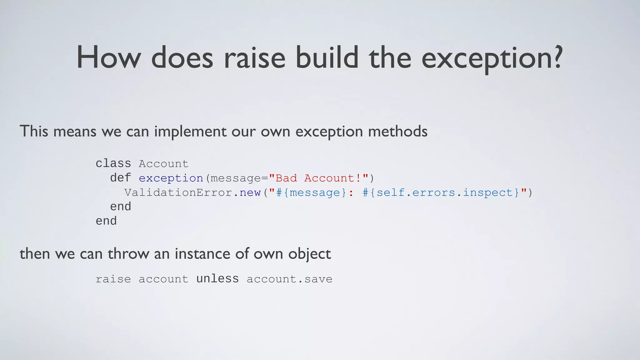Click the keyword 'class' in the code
click(x=113, y=163)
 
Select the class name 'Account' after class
click(x=163, y=164)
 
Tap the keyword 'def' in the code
click(x=120, y=178)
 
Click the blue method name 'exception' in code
click(x=171, y=178)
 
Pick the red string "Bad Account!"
click(x=318, y=178)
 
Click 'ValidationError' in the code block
click(x=178, y=192)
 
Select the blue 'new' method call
click(x=250, y=192)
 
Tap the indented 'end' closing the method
click(x=120, y=207)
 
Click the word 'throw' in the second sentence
click(x=128, y=253)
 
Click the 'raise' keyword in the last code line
click(x=113, y=279)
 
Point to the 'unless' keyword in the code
click(x=217, y=278)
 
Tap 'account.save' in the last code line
click(x=289, y=279)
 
